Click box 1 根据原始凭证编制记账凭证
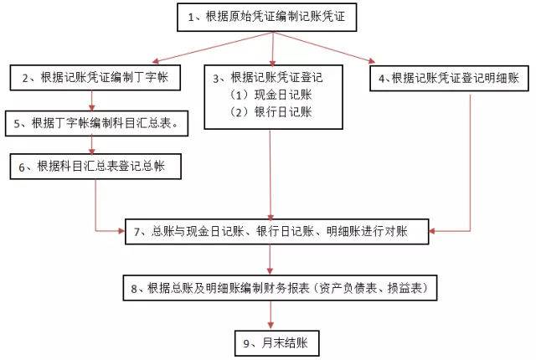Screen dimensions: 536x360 click(266, 17)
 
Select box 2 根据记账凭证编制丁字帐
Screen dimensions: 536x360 click(95, 78)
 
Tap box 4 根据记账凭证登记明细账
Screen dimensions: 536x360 click(449, 78)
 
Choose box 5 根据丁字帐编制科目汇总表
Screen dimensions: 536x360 click(97, 123)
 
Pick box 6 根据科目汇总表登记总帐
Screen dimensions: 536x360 click(95, 167)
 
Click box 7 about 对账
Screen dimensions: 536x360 click(277, 232)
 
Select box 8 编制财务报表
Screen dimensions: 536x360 click(280, 288)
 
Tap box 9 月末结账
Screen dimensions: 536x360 click(277, 343)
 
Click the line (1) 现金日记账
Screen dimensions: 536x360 click(271, 95)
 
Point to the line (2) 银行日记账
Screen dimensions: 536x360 click(271, 112)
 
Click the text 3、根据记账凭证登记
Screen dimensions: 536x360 click(268, 78)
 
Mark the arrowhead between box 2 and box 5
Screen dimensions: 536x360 click(91, 107)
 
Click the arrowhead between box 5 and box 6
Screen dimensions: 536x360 click(91, 151)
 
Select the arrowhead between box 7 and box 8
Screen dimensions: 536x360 click(270, 271)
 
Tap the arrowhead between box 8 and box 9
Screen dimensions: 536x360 click(271, 327)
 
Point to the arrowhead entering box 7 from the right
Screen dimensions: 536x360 click(432, 231)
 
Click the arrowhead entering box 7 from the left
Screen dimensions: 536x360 click(121, 231)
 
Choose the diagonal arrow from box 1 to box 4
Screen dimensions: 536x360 click(324, 48)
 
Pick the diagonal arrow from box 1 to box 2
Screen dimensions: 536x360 click(213, 48)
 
